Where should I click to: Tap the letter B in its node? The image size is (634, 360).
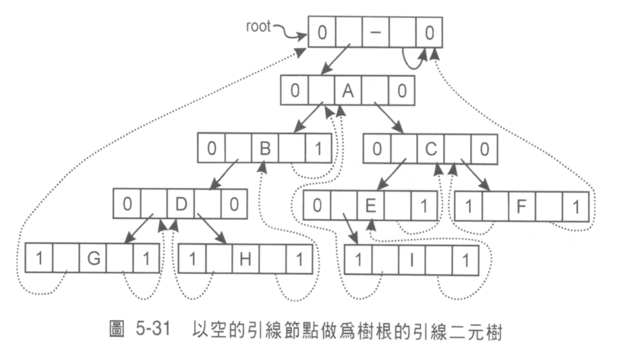[x=265, y=149]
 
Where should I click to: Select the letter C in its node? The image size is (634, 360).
[x=431, y=149]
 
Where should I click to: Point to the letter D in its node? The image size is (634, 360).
[x=181, y=204]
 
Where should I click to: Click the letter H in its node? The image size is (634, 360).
[x=246, y=258]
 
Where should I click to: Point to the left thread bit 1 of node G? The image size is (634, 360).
[x=38, y=258]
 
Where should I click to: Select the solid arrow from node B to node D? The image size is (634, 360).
[x=223, y=177]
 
